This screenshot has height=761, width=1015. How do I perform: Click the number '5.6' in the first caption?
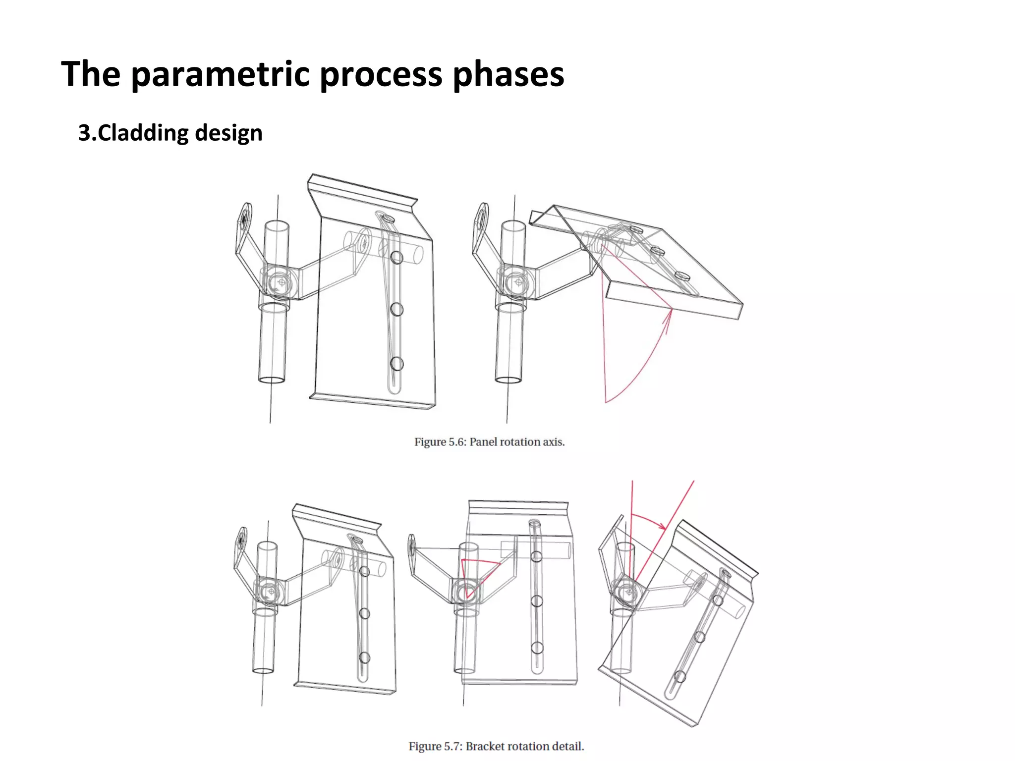pos(457,441)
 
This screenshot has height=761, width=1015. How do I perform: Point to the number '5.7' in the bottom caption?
pos(452,746)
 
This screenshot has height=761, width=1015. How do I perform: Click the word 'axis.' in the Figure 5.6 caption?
pos(554,441)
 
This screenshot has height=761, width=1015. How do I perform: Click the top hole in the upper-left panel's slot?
pos(396,257)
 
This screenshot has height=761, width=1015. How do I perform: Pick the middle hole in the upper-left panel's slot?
pos(396,310)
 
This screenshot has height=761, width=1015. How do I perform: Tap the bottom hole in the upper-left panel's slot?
pos(396,364)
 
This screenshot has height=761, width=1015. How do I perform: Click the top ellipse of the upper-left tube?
pos(277,226)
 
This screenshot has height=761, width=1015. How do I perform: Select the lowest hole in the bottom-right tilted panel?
pos(680,676)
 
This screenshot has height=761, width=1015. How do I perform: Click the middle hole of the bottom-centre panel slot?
pos(537,601)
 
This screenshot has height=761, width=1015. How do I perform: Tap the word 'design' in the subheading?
pos(228,133)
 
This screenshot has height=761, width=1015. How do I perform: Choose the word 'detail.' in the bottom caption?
pos(568,746)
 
